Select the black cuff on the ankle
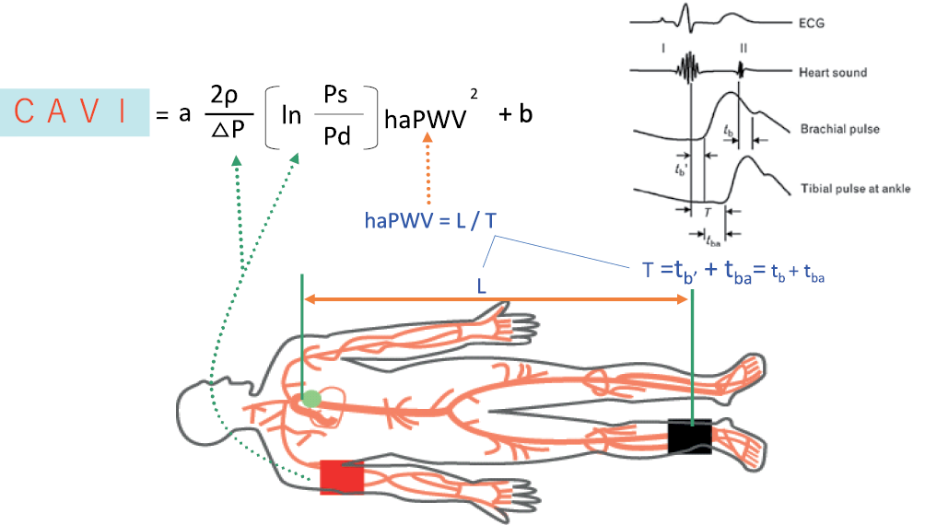pos(690,436)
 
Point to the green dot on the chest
pos(312,399)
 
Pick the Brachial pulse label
pos(840,130)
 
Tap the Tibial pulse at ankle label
pos(854,189)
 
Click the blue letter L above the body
pos(482,286)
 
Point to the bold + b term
pos(515,116)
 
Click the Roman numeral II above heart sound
pos(743,45)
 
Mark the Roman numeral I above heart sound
pos(687,43)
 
